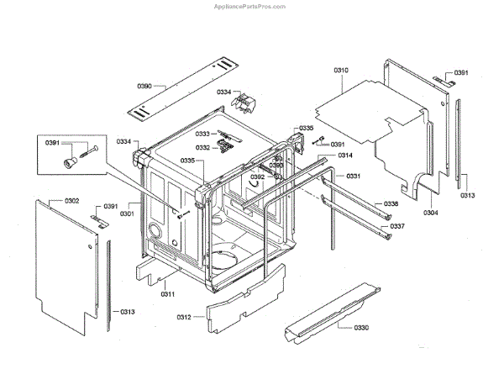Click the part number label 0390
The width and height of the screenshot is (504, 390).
tap(144, 86)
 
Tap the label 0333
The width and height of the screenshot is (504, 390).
tap(202, 134)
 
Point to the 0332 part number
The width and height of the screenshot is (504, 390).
tap(202, 147)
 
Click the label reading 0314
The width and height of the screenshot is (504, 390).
tap(345, 156)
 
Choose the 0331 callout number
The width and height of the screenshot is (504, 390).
tap(353, 176)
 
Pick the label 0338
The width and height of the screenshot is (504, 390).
tap(392, 204)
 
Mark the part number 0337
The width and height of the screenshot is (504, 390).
tap(397, 226)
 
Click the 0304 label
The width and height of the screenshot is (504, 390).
tap(431, 213)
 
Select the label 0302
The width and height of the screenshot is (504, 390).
tap(71, 201)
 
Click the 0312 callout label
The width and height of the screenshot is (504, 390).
tap(185, 316)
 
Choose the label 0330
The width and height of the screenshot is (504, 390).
tap(361, 326)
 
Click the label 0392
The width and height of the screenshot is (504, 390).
tap(257, 177)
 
